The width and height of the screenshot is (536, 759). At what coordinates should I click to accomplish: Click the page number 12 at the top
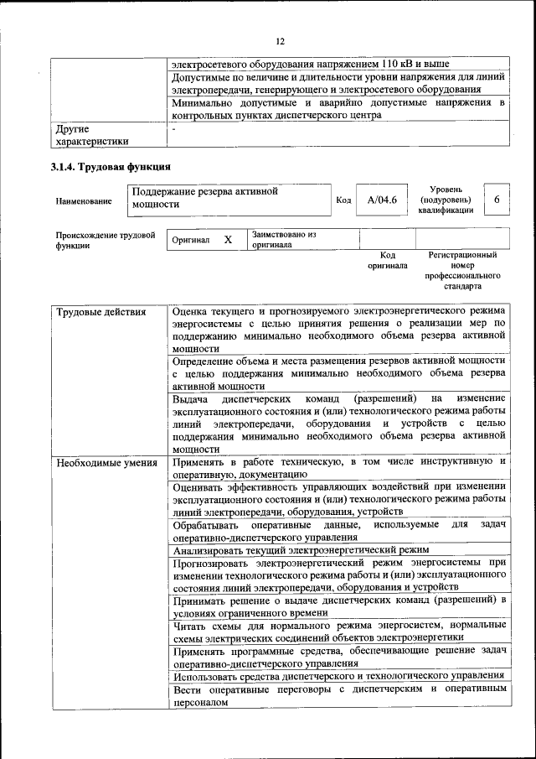[281, 41]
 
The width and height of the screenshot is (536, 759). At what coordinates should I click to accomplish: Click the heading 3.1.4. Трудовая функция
[111, 166]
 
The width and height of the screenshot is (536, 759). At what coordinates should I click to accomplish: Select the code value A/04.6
[382, 200]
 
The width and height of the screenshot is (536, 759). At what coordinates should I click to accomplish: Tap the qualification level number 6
[497, 200]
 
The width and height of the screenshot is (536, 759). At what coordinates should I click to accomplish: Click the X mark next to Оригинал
[228, 240]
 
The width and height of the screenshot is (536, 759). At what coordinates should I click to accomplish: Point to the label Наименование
[83, 201]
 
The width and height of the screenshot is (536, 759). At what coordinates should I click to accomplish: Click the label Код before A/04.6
[343, 200]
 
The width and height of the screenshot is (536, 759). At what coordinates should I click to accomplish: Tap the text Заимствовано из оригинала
[284, 240]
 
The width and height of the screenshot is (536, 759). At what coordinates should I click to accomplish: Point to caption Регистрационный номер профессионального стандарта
[462, 270]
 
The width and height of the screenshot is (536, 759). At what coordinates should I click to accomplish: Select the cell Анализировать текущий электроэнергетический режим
[301, 551]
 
